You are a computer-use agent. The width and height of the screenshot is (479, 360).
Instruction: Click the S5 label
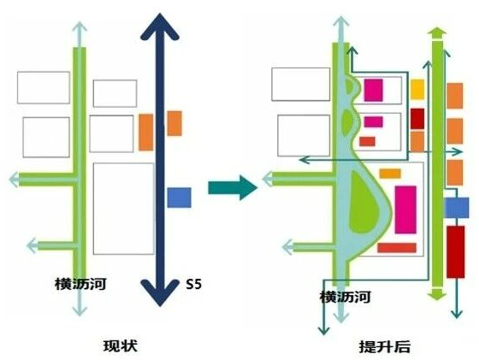(194, 285)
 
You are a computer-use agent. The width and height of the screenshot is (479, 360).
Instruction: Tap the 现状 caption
(121, 346)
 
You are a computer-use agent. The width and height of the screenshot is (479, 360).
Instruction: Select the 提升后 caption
(385, 347)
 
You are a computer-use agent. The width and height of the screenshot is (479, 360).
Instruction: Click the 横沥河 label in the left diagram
(80, 284)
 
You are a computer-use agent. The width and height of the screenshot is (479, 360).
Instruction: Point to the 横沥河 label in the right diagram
(346, 297)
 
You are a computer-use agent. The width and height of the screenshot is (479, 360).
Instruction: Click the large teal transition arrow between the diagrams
(233, 187)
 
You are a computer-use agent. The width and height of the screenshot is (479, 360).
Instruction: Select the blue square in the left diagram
(179, 198)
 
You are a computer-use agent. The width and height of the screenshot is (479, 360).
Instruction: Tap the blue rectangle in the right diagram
(457, 208)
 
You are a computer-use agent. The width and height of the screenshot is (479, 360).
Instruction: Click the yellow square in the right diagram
(417, 89)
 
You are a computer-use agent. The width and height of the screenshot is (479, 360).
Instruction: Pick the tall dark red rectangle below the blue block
(455, 252)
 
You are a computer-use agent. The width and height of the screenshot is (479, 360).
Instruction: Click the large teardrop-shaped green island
(364, 203)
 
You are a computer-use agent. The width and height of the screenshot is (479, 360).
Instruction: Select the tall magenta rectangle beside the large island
(405, 210)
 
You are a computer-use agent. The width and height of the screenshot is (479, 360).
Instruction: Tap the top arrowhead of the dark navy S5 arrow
(160, 27)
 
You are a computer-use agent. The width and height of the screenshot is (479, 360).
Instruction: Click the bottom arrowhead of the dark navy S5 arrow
(160, 292)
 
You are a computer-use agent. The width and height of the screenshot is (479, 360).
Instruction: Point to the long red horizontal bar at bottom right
(397, 248)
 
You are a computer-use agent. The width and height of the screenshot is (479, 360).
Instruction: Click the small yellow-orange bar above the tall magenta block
(390, 174)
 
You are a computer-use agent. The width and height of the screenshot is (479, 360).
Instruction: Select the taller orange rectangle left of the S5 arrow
(146, 133)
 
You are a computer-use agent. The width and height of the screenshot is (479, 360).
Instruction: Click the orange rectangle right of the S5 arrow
(174, 123)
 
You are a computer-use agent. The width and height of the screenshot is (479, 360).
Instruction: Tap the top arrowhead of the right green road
(437, 32)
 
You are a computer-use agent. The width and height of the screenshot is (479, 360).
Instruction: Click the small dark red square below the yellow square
(417, 119)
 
